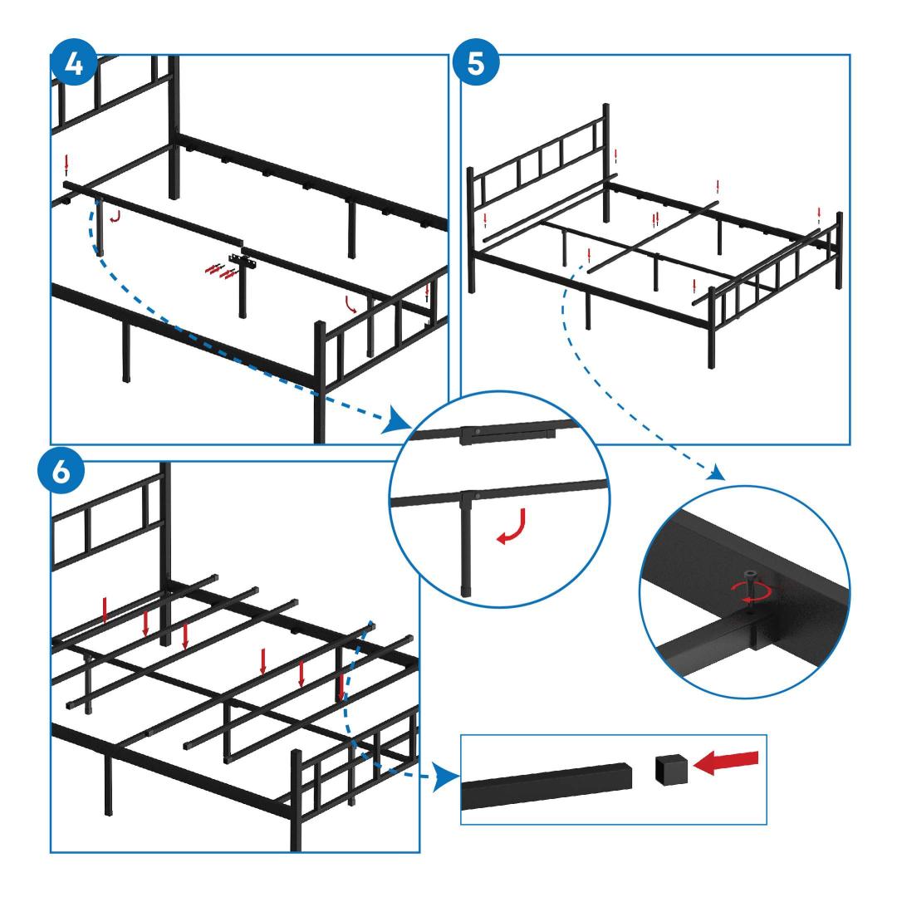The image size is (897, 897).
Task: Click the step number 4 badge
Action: (x=74, y=63)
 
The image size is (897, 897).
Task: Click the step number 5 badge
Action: (x=476, y=63)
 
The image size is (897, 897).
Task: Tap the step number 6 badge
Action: (x=61, y=473)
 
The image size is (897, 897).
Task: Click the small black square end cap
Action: (x=671, y=769)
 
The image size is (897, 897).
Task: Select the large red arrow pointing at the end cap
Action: (x=725, y=762)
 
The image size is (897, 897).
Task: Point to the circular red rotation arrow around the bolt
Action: (x=751, y=591)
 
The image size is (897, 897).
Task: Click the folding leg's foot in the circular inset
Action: (x=466, y=589)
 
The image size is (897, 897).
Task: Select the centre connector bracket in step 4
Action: (x=242, y=260)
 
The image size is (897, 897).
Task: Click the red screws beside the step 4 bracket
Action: (x=221, y=271)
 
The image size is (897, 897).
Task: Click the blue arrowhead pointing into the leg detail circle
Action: (x=399, y=420)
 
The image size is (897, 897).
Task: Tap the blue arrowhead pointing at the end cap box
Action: (x=446, y=777)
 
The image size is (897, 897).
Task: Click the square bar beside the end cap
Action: (x=547, y=786)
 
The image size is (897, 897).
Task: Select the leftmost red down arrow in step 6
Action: (x=105, y=610)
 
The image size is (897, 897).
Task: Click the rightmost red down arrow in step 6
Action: (x=341, y=687)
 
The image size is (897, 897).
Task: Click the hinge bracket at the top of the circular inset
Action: (x=507, y=434)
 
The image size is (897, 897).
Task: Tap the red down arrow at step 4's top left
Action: (x=67, y=165)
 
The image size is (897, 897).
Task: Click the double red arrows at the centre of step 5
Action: (x=655, y=219)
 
